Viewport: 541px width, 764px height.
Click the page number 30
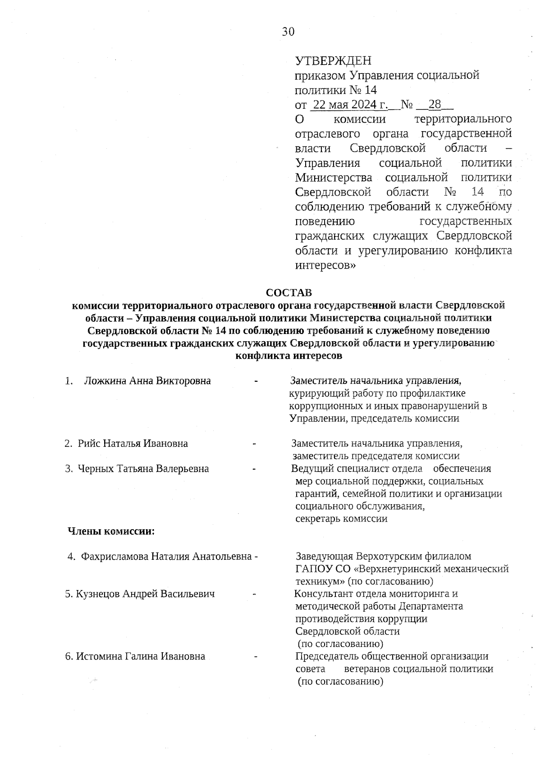pyautogui.click(x=288, y=31)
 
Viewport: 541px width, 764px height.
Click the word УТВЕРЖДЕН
pyautogui.click(x=333, y=60)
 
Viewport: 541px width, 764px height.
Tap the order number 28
pyautogui.click(x=435, y=105)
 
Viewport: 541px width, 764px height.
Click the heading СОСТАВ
pyautogui.click(x=289, y=293)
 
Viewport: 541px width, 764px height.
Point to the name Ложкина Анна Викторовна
pyautogui.click(x=147, y=381)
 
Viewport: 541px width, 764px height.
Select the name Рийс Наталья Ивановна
pyautogui.click(x=133, y=444)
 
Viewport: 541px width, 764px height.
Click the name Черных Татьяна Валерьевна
pyautogui.click(x=143, y=469)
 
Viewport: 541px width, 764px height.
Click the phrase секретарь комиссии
pyautogui.click(x=341, y=519)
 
